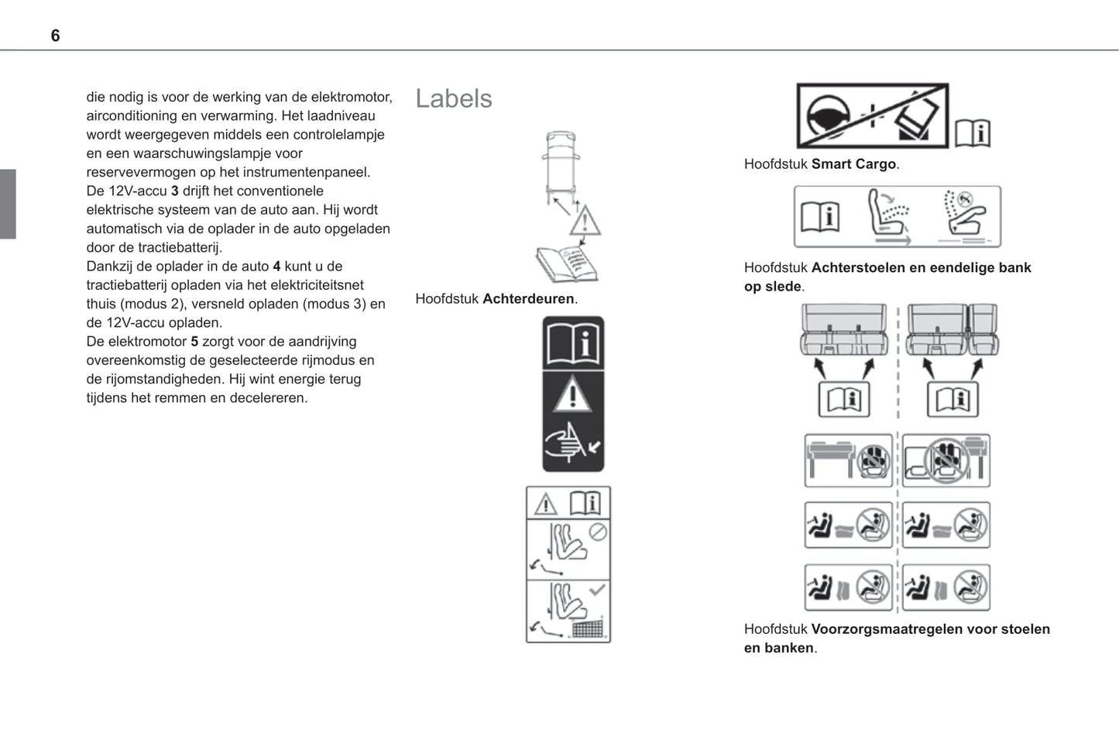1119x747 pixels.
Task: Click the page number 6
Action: pos(55,36)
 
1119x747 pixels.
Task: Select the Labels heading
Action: pos(453,98)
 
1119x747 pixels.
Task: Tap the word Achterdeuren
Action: pos(528,299)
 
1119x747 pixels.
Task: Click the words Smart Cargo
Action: pos(853,164)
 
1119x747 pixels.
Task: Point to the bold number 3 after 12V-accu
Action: pos(175,191)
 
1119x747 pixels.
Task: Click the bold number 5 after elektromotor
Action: pos(194,342)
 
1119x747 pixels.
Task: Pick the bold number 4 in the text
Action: pos(276,267)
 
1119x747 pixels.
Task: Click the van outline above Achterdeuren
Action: pos(561,164)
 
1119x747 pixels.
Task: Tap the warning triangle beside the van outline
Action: pos(585,221)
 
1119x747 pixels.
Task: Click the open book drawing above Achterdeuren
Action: pos(567,263)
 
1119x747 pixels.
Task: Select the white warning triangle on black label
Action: pos(572,394)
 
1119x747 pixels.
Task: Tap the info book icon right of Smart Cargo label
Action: pos(973,133)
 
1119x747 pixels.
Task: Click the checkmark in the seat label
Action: pos(597,590)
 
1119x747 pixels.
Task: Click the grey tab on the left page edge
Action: pos(8,204)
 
